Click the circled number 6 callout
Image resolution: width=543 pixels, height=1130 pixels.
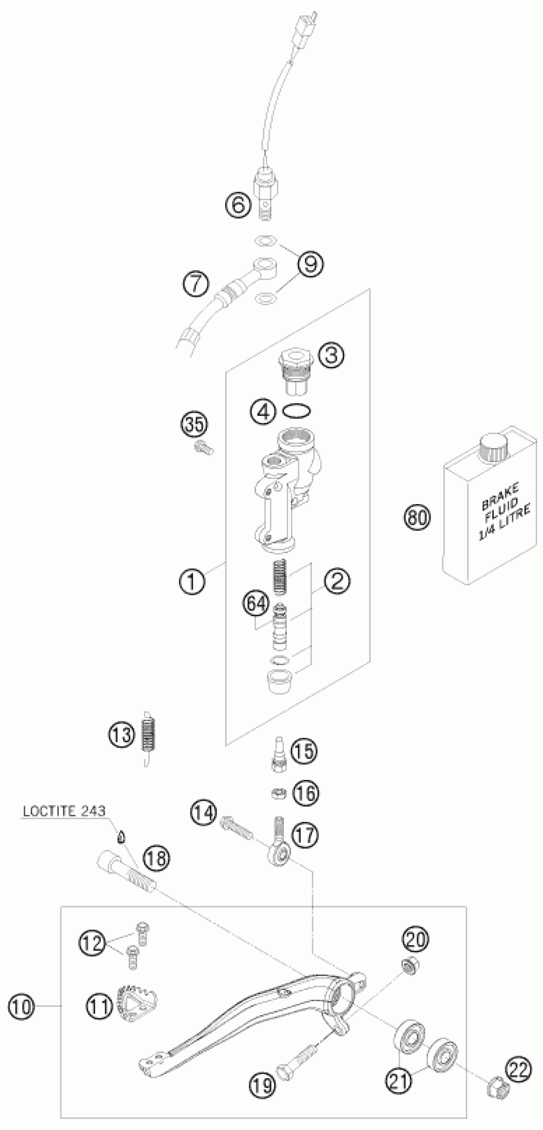pos(238,204)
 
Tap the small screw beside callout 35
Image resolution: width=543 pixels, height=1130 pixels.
pos(203,448)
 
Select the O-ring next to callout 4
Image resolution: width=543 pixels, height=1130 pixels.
pos(297,411)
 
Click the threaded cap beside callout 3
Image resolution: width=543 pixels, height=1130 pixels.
pos(295,371)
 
